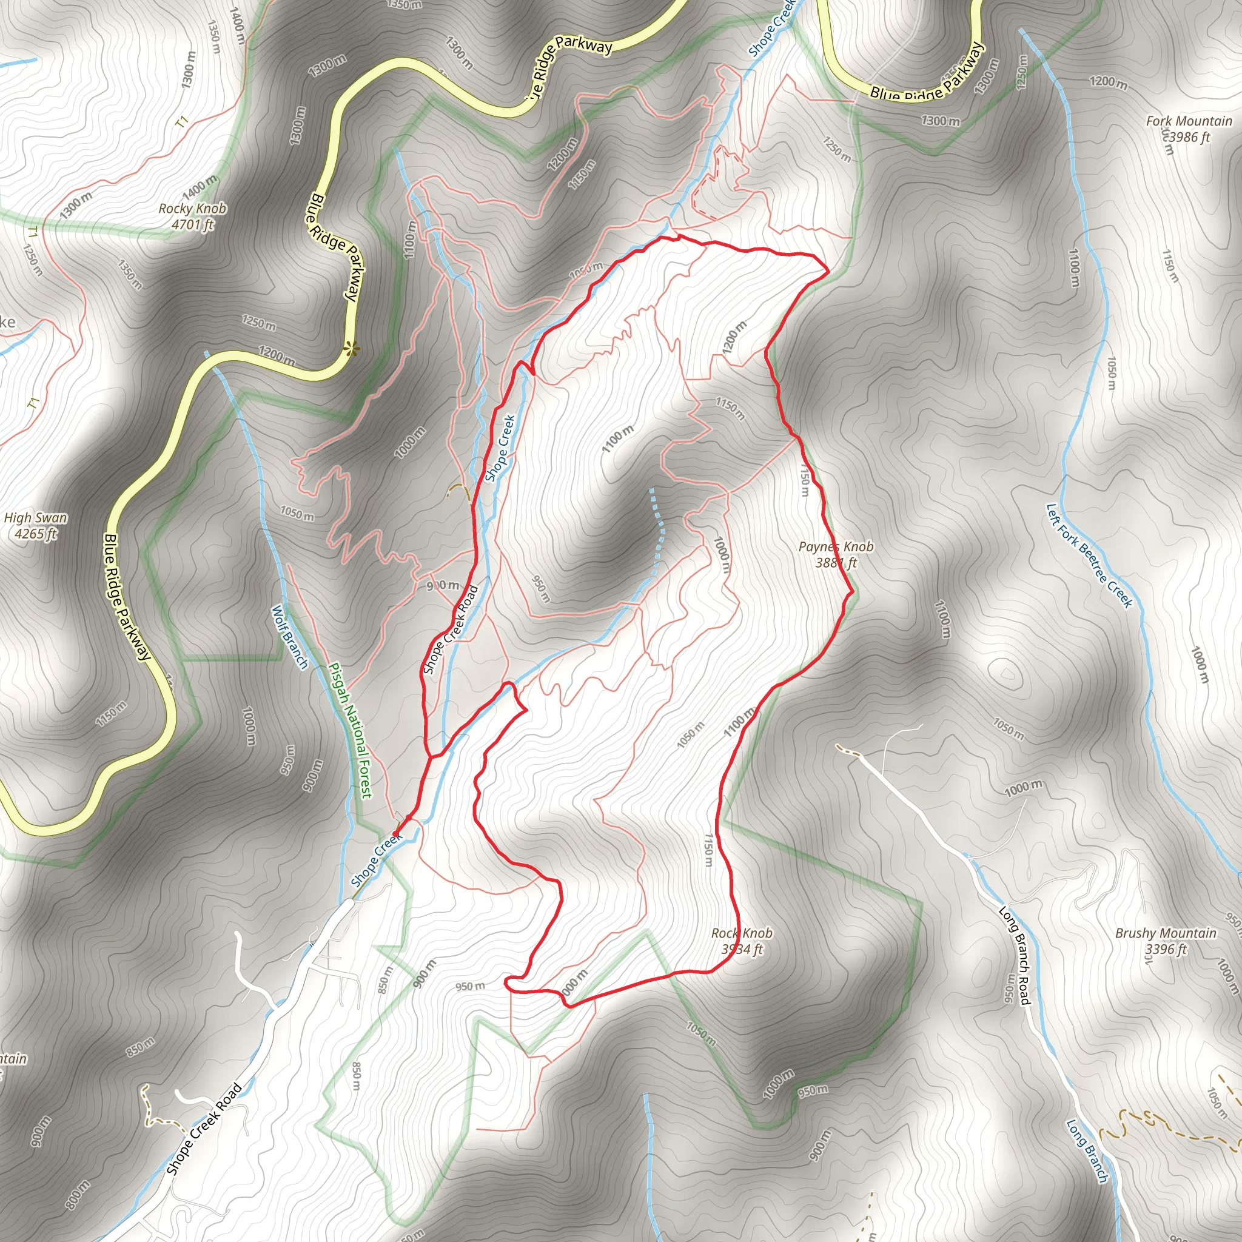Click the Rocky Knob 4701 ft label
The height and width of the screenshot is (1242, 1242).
point(192,217)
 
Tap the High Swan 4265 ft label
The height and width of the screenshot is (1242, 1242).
point(35,525)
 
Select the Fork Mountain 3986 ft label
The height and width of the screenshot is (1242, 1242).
point(1189,129)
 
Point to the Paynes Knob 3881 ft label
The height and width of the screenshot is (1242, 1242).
point(836,554)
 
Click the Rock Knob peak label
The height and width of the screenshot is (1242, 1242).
point(742,941)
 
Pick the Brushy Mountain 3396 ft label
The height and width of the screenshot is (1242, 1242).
point(1166,941)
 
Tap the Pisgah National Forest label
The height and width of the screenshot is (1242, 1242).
point(350,730)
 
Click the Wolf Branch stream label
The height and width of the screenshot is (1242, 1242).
point(290,636)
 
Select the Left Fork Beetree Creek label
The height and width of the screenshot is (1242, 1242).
point(1089,555)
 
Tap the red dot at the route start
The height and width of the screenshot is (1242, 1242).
point(396,834)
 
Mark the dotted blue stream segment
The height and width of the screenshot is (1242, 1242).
point(657,527)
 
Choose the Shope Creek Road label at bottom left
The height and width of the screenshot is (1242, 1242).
point(204,1128)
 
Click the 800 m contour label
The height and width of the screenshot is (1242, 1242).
point(78,1193)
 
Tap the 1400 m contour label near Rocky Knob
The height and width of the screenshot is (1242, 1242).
point(200,186)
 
